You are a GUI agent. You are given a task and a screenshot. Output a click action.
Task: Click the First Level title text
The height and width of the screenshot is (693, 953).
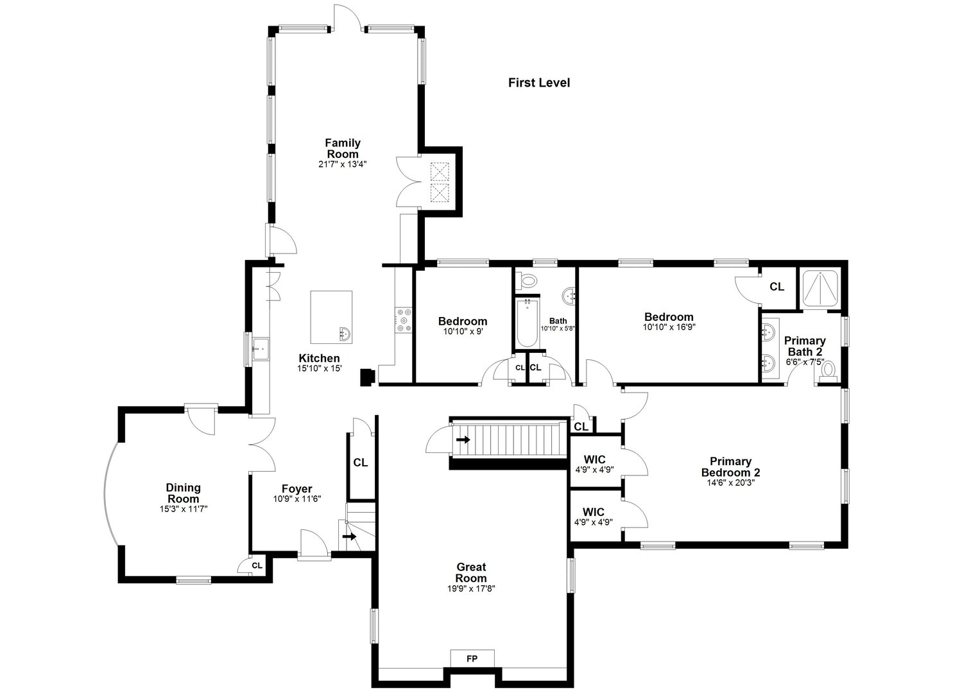pyautogui.click(x=538, y=83)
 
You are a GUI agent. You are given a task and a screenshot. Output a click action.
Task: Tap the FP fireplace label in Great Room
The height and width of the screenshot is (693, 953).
pyautogui.click(x=472, y=658)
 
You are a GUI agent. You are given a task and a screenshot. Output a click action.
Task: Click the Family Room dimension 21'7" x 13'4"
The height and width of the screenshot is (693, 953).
pyautogui.click(x=342, y=164)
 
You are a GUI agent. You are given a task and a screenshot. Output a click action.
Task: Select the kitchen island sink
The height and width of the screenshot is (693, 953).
pyautogui.click(x=345, y=333)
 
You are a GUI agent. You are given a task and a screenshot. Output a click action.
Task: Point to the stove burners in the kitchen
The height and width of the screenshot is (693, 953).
pyautogui.click(x=404, y=320)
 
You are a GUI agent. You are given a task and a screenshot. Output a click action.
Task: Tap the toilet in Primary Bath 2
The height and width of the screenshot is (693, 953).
pyautogui.click(x=828, y=370)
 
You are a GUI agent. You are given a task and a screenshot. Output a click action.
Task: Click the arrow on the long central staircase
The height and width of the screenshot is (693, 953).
pyautogui.click(x=463, y=440)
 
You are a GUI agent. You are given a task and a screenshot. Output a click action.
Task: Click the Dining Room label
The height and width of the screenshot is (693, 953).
pyautogui.click(x=183, y=493)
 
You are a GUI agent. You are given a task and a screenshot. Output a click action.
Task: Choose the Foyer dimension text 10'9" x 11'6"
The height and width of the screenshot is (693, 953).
pyautogui.click(x=296, y=499)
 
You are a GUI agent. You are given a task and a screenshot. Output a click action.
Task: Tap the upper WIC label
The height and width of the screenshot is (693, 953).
pyautogui.click(x=594, y=459)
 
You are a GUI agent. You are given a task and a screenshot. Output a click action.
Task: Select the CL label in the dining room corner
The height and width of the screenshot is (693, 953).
pyautogui.click(x=257, y=565)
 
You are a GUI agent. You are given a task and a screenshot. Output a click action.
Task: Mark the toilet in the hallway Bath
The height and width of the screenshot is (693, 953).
pyautogui.click(x=528, y=280)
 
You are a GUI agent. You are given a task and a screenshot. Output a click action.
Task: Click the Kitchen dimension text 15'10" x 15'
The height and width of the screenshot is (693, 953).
pyautogui.click(x=319, y=368)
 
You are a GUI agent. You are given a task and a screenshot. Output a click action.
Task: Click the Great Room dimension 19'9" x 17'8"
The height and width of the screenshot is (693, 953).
pyautogui.click(x=471, y=588)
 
